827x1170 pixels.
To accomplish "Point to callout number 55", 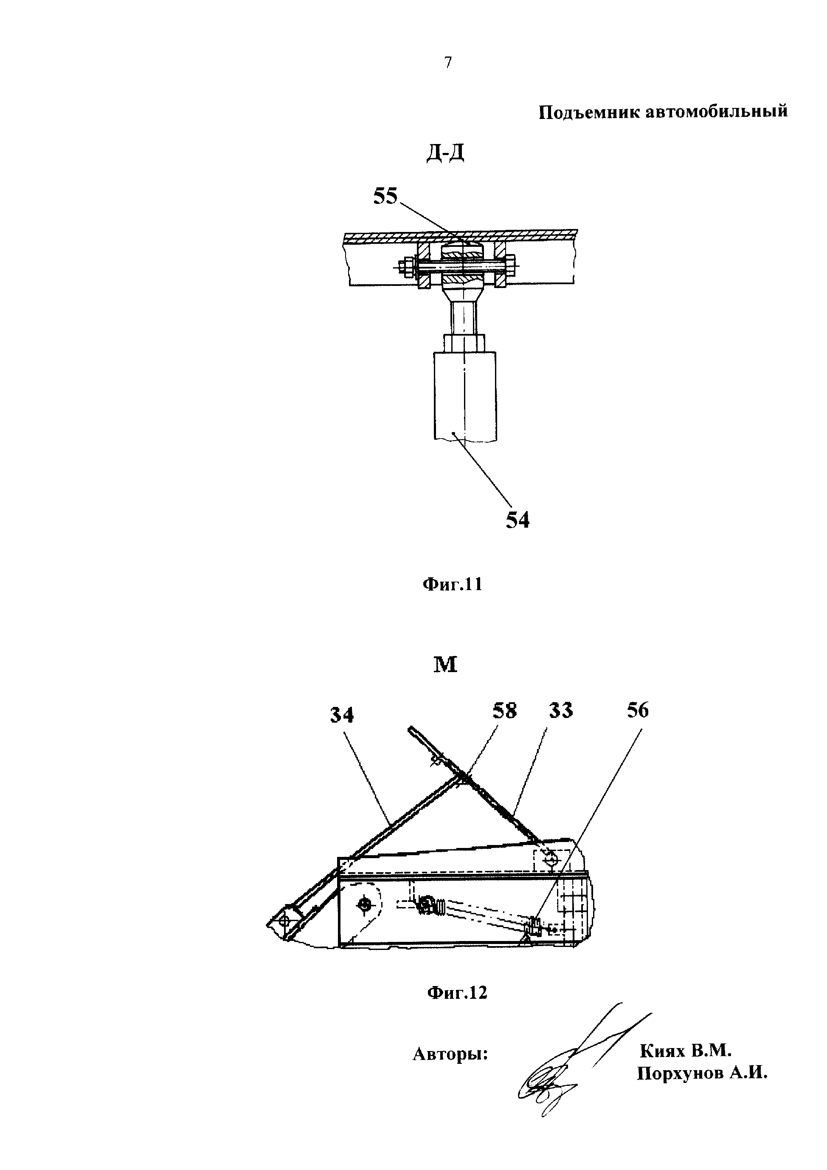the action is [386, 196].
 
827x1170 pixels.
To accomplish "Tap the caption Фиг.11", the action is [452, 585].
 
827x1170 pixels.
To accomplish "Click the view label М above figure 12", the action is [445, 664].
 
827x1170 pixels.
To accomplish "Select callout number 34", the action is [342, 715].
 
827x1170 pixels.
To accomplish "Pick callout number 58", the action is [504, 711].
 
